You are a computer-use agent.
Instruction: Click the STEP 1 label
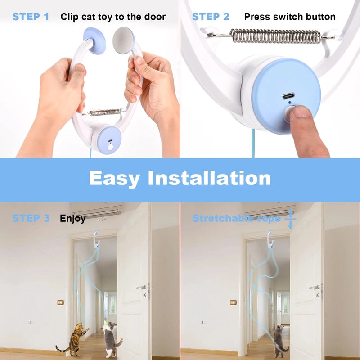(x=31, y=17)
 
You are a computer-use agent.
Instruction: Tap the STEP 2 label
(x=211, y=17)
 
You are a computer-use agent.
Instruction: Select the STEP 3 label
(x=31, y=219)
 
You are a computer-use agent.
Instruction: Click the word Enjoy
(x=72, y=219)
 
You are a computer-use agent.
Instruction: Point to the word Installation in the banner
(x=210, y=178)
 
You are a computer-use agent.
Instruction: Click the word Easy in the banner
(x=114, y=178)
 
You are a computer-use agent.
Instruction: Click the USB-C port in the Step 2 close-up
(x=287, y=96)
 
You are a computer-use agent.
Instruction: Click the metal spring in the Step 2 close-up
(x=276, y=35)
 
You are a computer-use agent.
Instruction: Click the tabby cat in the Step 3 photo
(x=72, y=337)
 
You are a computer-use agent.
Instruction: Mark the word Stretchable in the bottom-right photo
(x=219, y=219)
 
